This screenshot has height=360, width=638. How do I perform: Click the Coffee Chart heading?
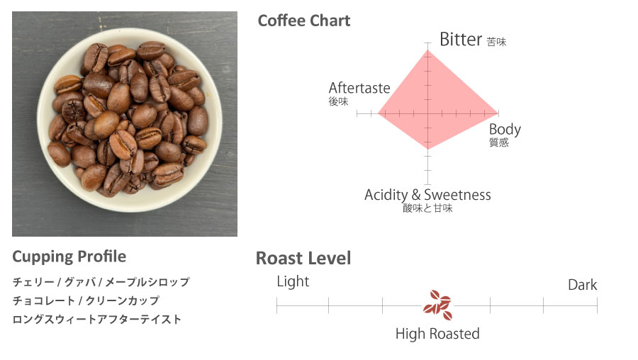click(304, 21)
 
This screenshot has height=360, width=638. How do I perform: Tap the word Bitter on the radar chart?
click(461, 40)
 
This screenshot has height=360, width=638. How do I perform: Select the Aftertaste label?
click(359, 88)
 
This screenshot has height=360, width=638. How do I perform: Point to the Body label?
click(505, 130)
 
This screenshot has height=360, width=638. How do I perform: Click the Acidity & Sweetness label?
click(427, 195)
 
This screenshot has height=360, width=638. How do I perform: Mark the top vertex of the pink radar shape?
click(427, 50)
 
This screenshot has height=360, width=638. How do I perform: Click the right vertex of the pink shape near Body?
click(498, 113)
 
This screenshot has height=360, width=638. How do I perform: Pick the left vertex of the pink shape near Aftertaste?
click(378, 113)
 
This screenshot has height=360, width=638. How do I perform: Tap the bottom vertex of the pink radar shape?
click(427, 150)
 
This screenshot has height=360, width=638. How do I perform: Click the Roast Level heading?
click(303, 258)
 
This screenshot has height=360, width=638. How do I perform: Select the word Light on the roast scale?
click(293, 281)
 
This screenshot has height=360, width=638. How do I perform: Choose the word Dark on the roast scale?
click(582, 285)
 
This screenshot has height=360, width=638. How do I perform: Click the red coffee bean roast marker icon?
click(437, 305)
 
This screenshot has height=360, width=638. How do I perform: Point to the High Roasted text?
click(437, 334)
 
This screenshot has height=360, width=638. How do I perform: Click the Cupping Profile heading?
click(69, 257)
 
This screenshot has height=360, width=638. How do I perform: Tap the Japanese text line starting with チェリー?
click(101, 282)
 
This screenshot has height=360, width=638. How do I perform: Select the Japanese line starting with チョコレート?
click(86, 300)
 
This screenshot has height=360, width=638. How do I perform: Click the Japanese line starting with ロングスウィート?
click(97, 320)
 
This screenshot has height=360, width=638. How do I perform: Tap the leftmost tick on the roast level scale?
click(276, 305)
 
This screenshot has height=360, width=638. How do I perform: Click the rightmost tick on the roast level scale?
click(598, 305)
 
